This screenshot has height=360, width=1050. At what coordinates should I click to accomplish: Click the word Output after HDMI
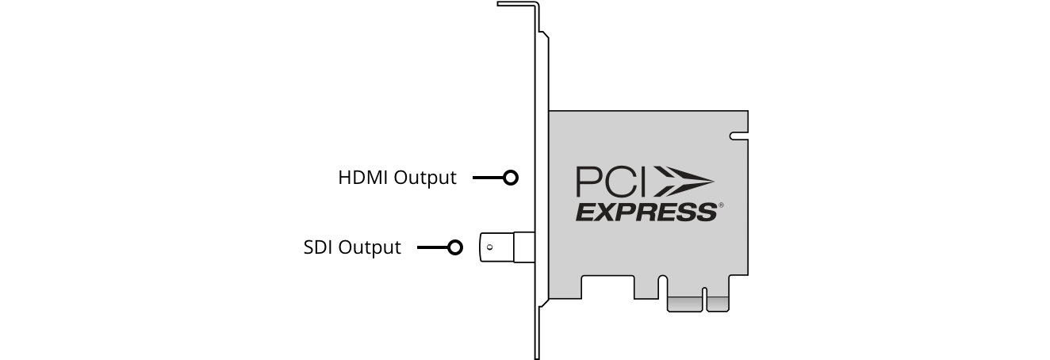click(x=425, y=178)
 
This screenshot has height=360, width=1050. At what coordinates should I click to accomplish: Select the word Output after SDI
click(x=370, y=248)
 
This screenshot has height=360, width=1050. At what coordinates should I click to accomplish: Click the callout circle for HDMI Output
click(x=511, y=178)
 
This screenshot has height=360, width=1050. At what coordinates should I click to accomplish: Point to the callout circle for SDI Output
click(x=455, y=247)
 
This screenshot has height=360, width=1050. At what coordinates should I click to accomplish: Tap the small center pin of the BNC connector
click(x=490, y=247)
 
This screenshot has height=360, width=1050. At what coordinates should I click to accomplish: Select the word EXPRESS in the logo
click(x=646, y=213)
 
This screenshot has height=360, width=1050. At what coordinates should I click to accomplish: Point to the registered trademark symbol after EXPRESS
click(x=721, y=205)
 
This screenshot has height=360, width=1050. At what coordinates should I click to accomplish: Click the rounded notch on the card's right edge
click(x=739, y=136)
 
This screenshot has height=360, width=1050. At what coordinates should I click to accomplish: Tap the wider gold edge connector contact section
click(x=685, y=304)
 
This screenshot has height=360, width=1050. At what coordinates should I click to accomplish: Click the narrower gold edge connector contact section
click(x=718, y=304)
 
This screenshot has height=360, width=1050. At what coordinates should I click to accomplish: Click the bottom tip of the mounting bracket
click(x=537, y=358)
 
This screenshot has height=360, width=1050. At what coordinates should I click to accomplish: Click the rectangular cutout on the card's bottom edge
click(x=608, y=287)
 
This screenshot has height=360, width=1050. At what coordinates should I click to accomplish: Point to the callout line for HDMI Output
click(x=488, y=178)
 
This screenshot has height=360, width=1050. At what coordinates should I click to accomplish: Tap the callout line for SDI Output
click(x=432, y=247)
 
